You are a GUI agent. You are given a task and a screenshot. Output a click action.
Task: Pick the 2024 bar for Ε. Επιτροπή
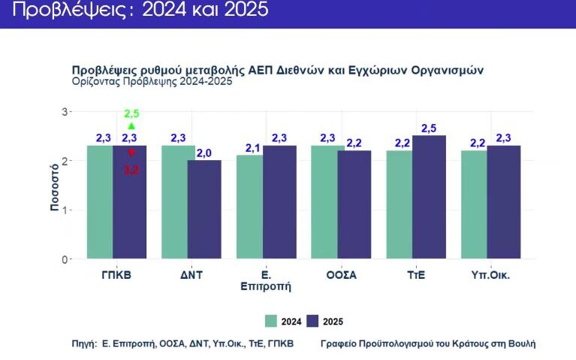249,207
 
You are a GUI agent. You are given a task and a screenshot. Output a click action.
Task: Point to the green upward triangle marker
131,126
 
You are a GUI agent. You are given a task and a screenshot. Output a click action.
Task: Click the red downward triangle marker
131,153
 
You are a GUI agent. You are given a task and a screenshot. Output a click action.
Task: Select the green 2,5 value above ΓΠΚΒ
131,113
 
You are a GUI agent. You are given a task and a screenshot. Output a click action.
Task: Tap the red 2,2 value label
131,170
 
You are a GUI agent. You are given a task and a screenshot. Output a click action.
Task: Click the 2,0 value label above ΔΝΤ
204,153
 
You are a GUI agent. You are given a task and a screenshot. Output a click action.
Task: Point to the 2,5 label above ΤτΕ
430,129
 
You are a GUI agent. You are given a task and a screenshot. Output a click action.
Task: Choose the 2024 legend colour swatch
272,321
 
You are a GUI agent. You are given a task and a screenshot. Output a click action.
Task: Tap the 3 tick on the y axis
65,111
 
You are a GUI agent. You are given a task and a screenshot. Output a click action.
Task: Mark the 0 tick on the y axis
65,259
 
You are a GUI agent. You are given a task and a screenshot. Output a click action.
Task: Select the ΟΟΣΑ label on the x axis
342,275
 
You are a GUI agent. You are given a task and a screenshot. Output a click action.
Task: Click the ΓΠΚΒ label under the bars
116,275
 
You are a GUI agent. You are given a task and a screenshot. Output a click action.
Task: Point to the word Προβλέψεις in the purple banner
47,11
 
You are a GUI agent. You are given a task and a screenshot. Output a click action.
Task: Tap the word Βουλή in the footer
520,343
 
